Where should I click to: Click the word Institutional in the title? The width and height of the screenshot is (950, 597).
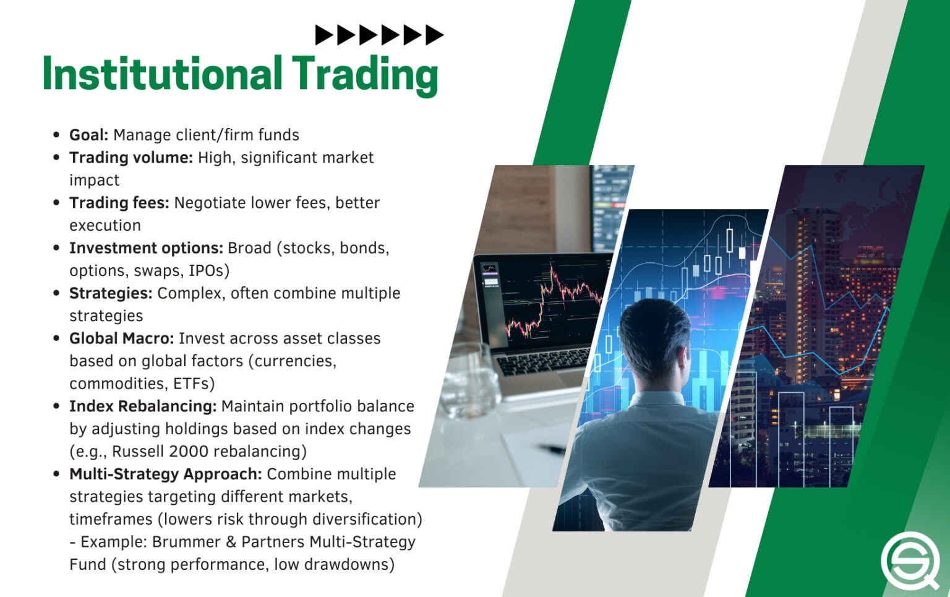tap(162, 74)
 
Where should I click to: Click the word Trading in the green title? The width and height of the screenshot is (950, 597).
tap(365, 74)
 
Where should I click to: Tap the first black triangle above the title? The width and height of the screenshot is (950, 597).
tap(323, 35)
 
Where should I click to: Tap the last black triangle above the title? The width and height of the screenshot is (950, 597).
tap(434, 35)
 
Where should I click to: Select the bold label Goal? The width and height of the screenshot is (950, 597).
tap(88, 135)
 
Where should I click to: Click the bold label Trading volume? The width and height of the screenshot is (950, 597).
tap(131, 158)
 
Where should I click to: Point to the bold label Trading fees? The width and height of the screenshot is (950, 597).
tap(119, 203)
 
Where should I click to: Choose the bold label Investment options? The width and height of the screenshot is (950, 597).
tap(146, 248)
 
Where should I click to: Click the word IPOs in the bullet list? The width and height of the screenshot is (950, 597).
tap(205, 271)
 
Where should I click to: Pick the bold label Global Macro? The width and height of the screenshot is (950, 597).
tap(121, 338)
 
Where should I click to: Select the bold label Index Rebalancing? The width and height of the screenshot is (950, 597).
tap(143, 406)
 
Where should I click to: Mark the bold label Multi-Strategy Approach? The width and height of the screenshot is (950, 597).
tap(166, 474)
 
